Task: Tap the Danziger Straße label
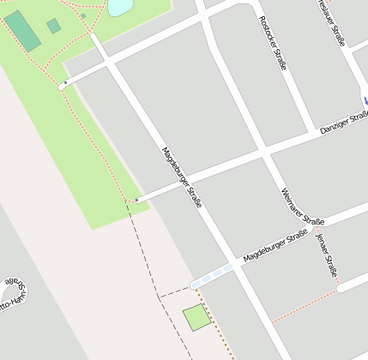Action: (x=342, y=123)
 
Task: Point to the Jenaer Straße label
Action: (x=327, y=255)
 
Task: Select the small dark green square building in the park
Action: (x=54, y=26)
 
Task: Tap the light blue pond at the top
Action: (x=120, y=7)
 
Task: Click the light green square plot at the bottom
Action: (x=196, y=318)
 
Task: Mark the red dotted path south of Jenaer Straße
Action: (x=305, y=305)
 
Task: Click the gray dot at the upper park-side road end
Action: (x=65, y=83)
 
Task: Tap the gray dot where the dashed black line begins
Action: (x=136, y=200)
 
